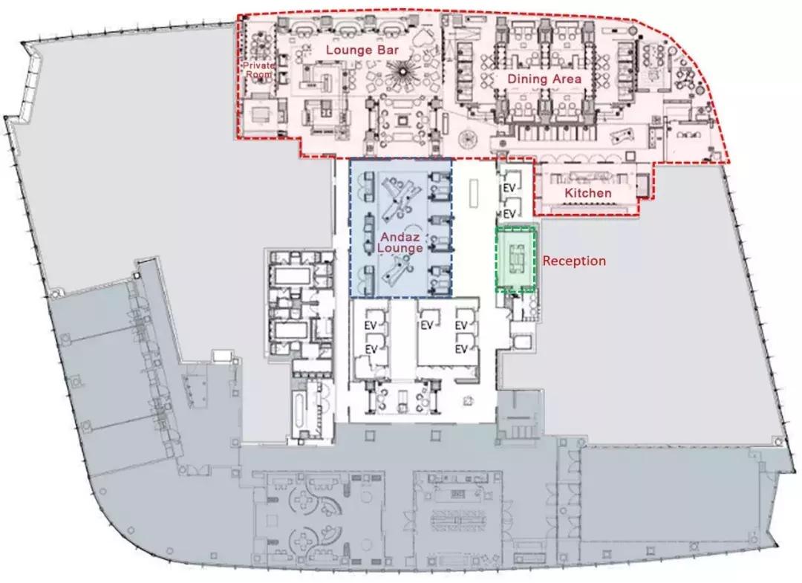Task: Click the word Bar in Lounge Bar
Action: click(x=388, y=50)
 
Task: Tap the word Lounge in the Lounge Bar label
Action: click(x=349, y=50)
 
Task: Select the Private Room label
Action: click(x=259, y=70)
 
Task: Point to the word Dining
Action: click(x=527, y=79)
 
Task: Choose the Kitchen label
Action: click(x=587, y=193)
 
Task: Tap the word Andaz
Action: click(x=400, y=237)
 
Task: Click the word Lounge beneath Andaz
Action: click(x=400, y=248)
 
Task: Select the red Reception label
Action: click(x=574, y=261)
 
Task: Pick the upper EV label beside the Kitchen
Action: click(x=509, y=188)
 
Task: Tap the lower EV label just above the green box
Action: click(x=509, y=213)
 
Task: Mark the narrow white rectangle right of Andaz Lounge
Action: click(x=474, y=193)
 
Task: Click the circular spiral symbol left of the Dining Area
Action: click(x=467, y=137)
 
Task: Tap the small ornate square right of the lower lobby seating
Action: click(x=468, y=402)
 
